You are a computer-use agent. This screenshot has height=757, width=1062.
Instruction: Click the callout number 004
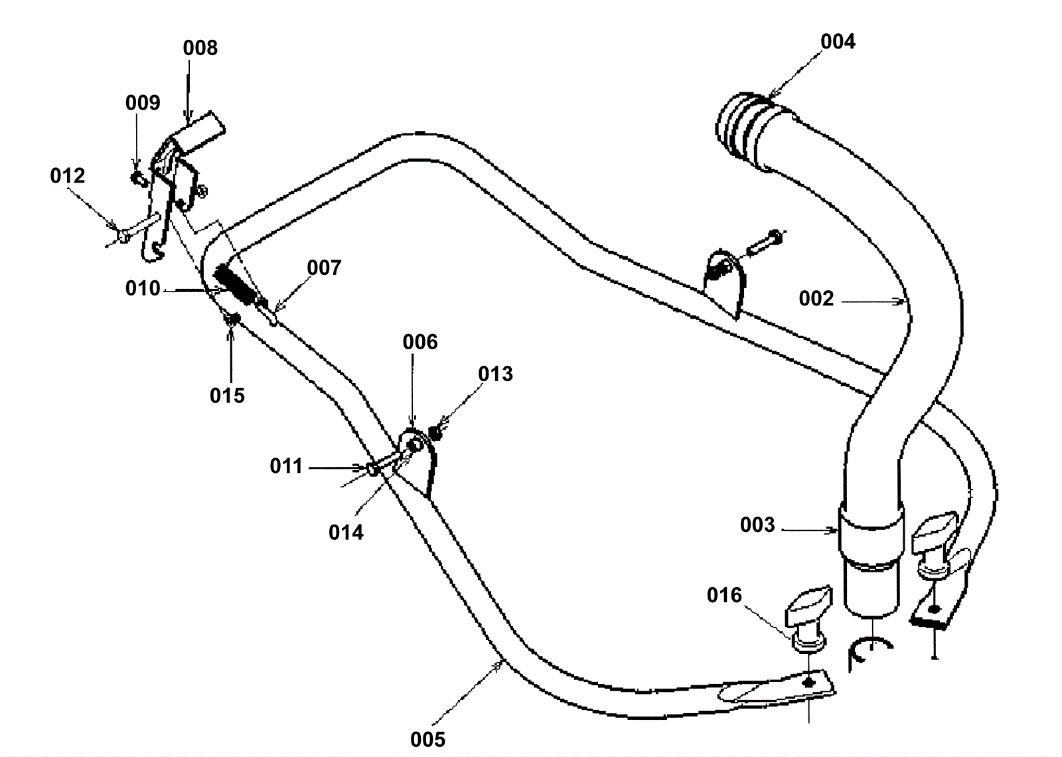coord(838,42)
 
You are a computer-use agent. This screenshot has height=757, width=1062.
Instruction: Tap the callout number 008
coord(200,48)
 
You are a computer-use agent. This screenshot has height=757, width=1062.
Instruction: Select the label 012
coord(68,176)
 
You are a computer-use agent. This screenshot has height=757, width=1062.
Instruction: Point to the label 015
coord(227,396)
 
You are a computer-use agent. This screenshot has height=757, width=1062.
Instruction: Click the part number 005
coord(427,739)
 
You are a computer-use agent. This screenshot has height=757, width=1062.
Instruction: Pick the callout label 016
coord(724,595)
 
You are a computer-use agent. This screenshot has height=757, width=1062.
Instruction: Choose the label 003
coord(757,525)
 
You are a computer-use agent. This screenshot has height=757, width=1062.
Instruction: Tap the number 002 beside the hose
coord(816,299)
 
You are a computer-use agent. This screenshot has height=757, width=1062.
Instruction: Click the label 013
coord(496,375)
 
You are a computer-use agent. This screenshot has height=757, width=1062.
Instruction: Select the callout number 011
coord(286,467)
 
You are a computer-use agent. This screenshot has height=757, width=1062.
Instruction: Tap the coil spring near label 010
coord(236,287)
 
